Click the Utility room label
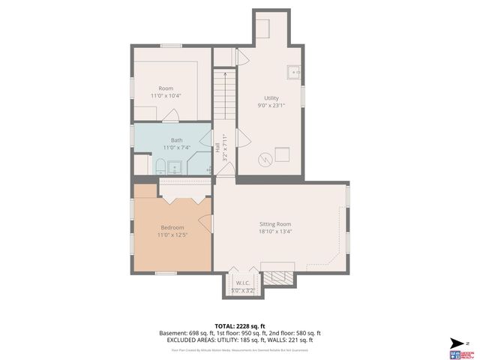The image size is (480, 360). (x=271, y=98)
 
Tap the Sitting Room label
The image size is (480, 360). (x=275, y=224)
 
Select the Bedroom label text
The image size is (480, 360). (x=172, y=227)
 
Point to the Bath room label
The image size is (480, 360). (x=176, y=140)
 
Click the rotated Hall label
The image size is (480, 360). (x=217, y=148)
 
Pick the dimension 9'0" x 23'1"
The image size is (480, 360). (x=271, y=106)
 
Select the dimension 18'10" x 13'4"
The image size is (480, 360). (x=275, y=232)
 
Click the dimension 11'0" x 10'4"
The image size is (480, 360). (x=166, y=96)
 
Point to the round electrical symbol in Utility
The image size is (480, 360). (x=263, y=158)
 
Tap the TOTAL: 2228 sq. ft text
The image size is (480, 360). (x=239, y=326)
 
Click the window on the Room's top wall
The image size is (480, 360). (x=171, y=46)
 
